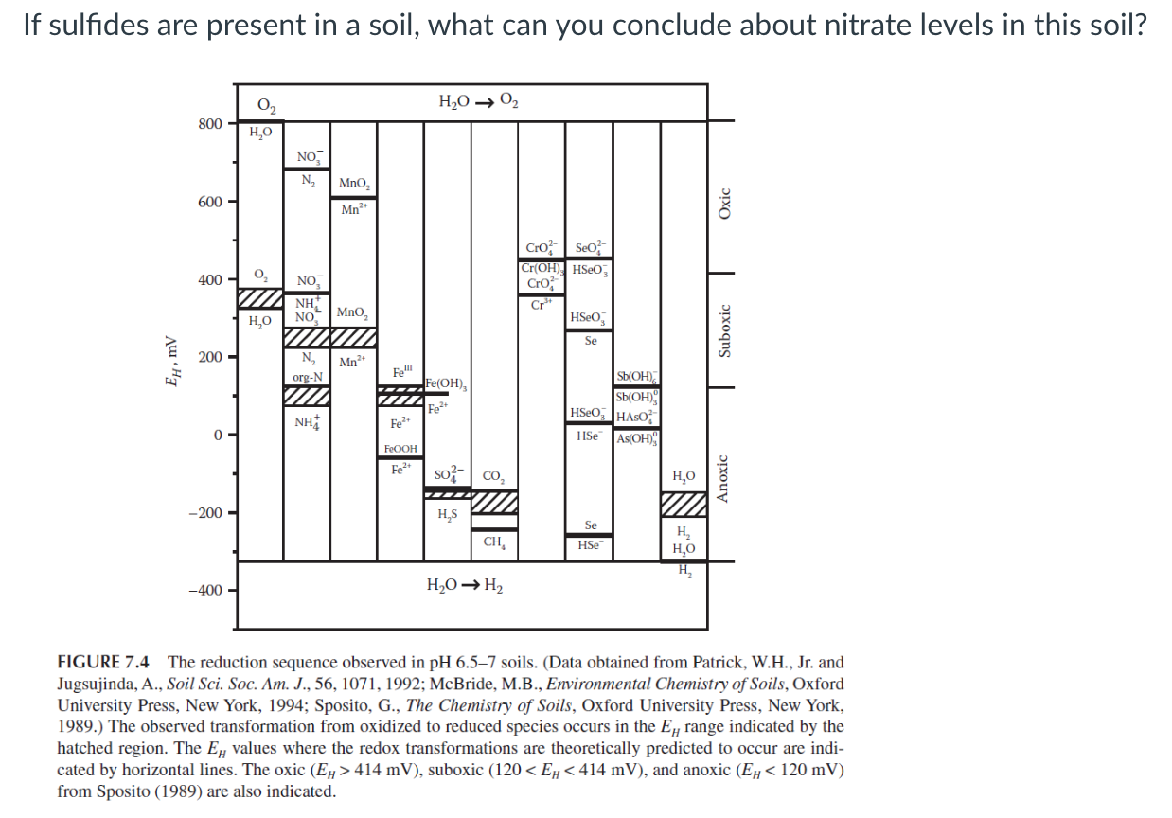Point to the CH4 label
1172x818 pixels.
click(x=493, y=542)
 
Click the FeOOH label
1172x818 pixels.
click(x=400, y=448)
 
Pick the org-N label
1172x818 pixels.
click(x=307, y=377)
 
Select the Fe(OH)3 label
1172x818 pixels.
click(x=445, y=383)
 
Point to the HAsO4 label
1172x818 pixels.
click(x=636, y=418)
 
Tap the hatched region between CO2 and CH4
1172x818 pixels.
click(x=494, y=501)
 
